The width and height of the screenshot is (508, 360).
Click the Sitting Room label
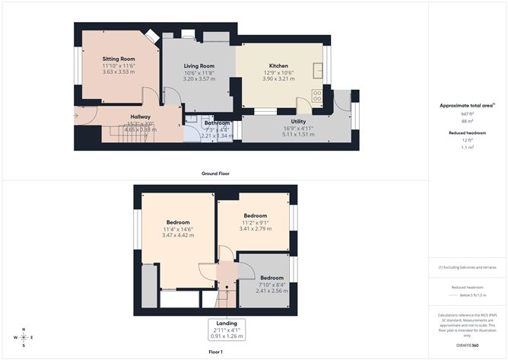pos(119,59)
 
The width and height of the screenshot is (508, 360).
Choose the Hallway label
pos(86,116)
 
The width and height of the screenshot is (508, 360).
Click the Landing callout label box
pos(227,329)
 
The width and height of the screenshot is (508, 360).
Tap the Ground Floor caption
pos(215,174)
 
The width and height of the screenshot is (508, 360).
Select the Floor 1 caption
pos(215,352)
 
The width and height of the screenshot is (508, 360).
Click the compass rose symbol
pos(24,336)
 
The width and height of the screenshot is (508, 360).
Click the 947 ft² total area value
pos(467,114)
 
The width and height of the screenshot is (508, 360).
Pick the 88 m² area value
pos(467,121)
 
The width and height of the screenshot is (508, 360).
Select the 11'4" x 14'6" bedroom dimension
pos(178,229)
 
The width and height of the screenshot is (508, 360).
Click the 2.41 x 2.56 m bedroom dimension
pos(270,291)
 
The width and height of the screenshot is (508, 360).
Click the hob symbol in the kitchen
pos(317,95)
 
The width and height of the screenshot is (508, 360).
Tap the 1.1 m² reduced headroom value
pos(467,148)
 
